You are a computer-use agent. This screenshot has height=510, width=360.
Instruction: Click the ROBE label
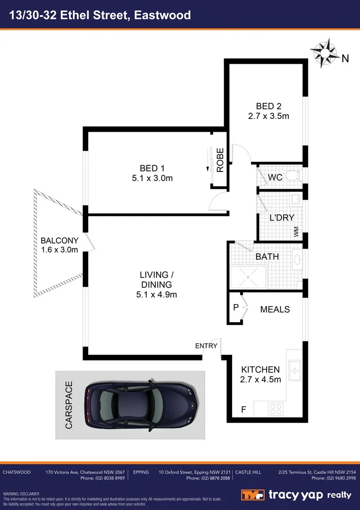220,160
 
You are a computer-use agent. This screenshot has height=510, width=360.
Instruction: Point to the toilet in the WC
293,176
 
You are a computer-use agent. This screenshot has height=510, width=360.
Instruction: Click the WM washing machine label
296,232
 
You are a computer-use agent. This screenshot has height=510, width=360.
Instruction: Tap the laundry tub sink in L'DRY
296,199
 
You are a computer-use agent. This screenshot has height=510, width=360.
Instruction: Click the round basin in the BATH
298,259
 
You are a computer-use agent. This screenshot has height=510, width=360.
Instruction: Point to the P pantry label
235,307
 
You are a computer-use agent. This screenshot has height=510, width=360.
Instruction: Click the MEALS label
275,310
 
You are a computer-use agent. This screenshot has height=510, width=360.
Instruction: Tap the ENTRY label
206,346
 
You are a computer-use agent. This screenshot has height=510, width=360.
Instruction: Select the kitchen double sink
295,371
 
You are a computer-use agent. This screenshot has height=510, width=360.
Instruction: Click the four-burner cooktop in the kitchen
276,408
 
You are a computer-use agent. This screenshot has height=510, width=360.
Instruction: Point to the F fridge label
243,409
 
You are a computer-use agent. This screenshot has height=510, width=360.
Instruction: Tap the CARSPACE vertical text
69,405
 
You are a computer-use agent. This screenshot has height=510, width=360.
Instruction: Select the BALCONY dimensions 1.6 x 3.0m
59,250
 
